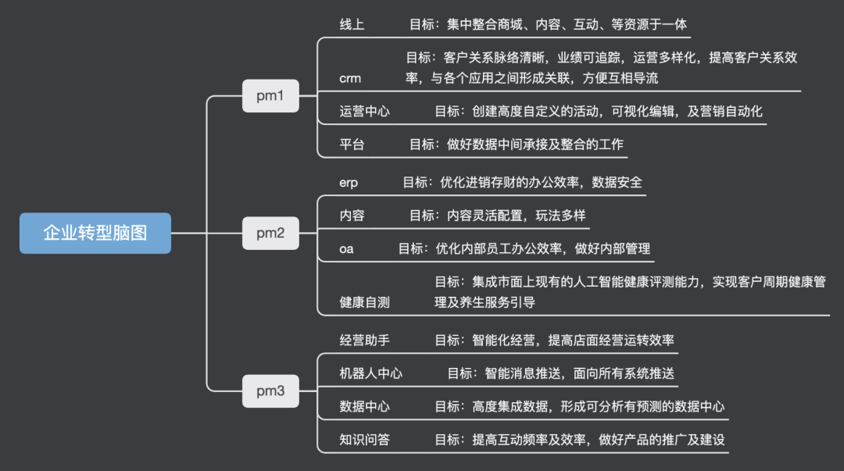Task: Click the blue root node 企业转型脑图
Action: (95, 233)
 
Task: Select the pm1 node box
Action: (270, 96)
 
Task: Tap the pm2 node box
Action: (270, 233)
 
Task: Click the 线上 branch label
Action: (352, 24)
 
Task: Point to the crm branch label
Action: (350, 79)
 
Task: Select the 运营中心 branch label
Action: (365, 111)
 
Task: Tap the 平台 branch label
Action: (352, 145)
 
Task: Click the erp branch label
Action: (349, 182)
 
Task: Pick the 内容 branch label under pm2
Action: (352, 216)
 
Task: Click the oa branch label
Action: (347, 248)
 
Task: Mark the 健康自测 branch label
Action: (365, 302)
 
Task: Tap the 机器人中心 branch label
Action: (371, 373)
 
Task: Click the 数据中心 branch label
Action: (365, 406)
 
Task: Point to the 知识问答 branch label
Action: (365, 440)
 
